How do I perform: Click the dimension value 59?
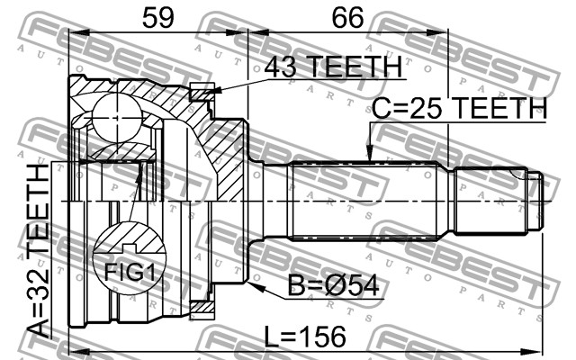(x=158, y=18)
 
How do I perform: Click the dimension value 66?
(x=348, y=18)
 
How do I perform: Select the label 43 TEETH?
(x=333, y=67)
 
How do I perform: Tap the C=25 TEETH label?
(x=459, y=108)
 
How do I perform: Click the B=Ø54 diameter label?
(x=333, y=286)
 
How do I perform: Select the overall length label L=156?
(x=306, y=337)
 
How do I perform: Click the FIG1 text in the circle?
(x=130, y=272)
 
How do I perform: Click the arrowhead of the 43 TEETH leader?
(x=216, y=91)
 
